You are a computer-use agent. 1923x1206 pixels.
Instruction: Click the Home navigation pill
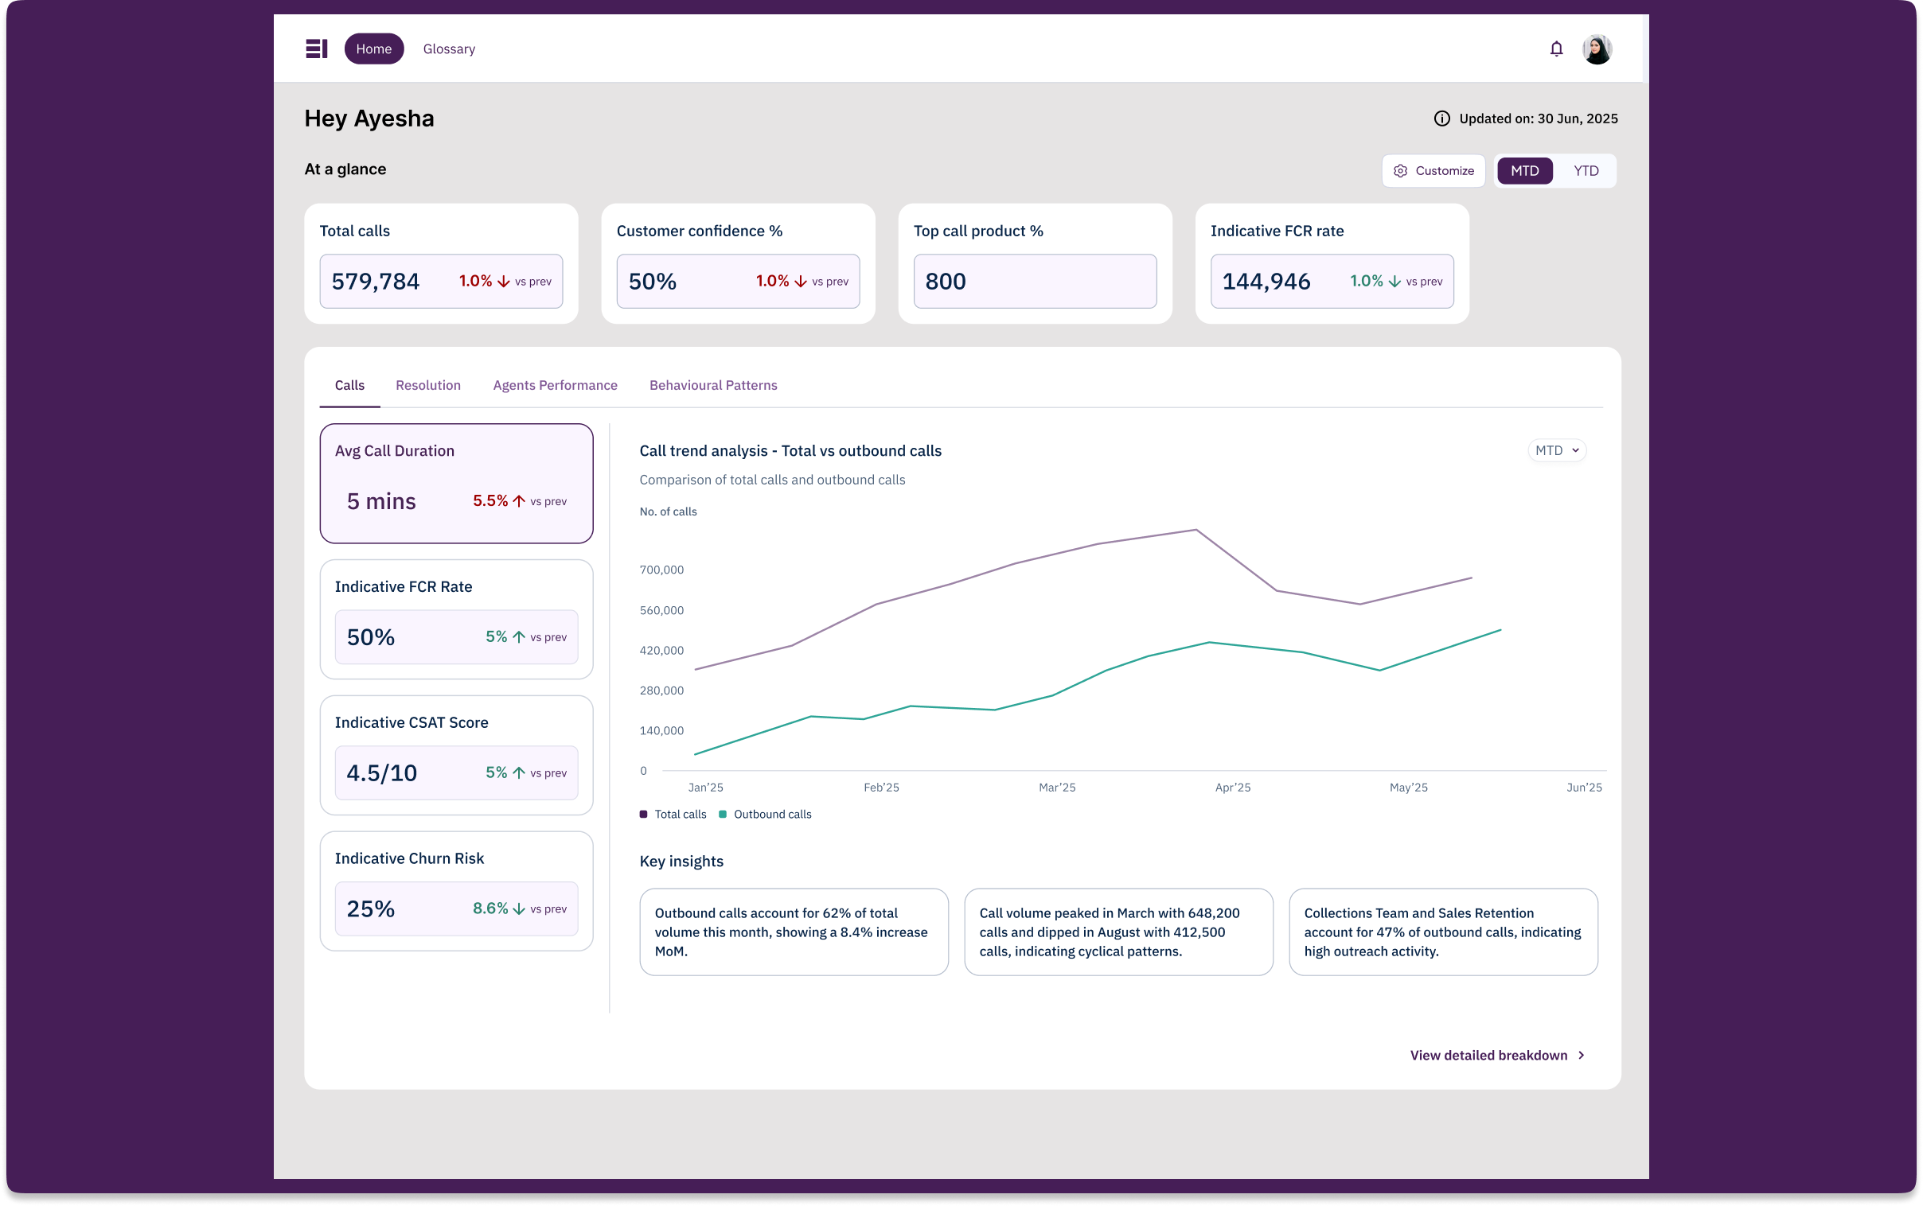[x=373, y=49]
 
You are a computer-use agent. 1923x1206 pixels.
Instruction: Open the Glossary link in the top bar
[x=448, y=49]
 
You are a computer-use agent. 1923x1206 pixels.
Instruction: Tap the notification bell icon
[x=1555, y=49]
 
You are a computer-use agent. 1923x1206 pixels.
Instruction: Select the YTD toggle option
[x=1585, y=171]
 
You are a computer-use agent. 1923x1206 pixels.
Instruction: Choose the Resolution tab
[x=427, y=385]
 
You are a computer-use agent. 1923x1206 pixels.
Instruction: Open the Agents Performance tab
[x=555, y=385]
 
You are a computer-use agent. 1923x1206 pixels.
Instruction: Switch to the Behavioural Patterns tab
[x=712, y=385]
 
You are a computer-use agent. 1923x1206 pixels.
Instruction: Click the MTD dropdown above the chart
[x=1556, y=450]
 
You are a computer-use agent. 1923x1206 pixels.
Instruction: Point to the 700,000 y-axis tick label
[x=661, y=570]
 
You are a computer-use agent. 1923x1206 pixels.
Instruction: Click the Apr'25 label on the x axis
[x=1232, y=788]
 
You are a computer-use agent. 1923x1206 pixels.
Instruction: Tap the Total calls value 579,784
[x=375, y=282]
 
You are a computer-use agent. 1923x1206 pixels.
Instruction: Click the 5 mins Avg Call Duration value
[x=380, y=501]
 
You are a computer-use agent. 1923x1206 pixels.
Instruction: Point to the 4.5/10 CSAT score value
[x=381, y=773]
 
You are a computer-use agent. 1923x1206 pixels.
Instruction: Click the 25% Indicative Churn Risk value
[x=370, y=908]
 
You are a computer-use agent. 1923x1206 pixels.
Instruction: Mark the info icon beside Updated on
[x=1441, y=119]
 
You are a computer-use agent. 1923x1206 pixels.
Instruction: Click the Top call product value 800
[x=945, y=282]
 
